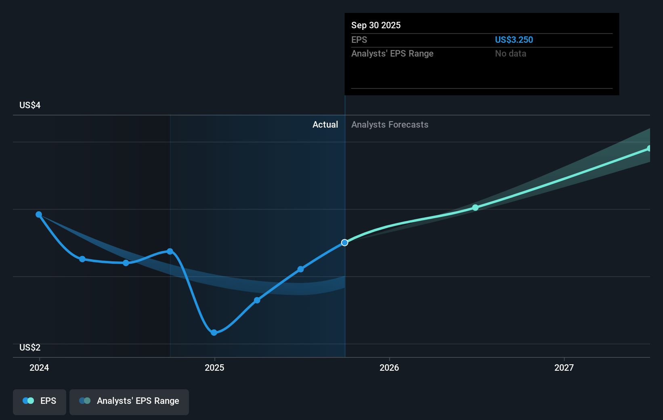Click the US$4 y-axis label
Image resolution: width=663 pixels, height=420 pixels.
tap(30, 105)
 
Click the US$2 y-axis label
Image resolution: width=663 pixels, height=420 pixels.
tap(30, 348)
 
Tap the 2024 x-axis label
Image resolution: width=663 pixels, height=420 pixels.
tap(39, 367)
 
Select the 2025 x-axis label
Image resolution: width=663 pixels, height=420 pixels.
tap(214, 367)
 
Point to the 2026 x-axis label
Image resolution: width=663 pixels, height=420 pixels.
tap(389, 367)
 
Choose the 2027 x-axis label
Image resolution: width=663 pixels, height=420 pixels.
tap(564, 367)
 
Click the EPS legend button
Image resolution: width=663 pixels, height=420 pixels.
tap(40, 401)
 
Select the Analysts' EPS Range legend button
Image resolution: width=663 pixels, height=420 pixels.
tap(129, 401)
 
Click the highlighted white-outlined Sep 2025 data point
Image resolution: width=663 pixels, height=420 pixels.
tap(344, 243)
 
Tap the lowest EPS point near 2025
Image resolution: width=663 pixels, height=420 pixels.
tap(214, 333)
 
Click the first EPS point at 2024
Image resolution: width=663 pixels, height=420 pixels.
tap(39, 214)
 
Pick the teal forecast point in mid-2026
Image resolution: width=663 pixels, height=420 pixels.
tap(475, 208)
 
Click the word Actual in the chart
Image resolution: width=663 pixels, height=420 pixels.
tap(325, 125)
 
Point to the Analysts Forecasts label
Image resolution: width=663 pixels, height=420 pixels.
tap(390, 125)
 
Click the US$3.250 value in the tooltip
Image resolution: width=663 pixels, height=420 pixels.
tap(514, 40)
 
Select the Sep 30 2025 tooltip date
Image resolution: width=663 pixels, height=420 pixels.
tap(376, 25)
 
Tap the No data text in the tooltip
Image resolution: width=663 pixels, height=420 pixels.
tap(510, 54)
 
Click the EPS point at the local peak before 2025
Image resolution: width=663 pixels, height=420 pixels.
tap(170, 252)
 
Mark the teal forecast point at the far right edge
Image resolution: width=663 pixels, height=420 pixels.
tap(649, 149)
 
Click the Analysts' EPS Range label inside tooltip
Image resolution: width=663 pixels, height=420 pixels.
tap(392, 54)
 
